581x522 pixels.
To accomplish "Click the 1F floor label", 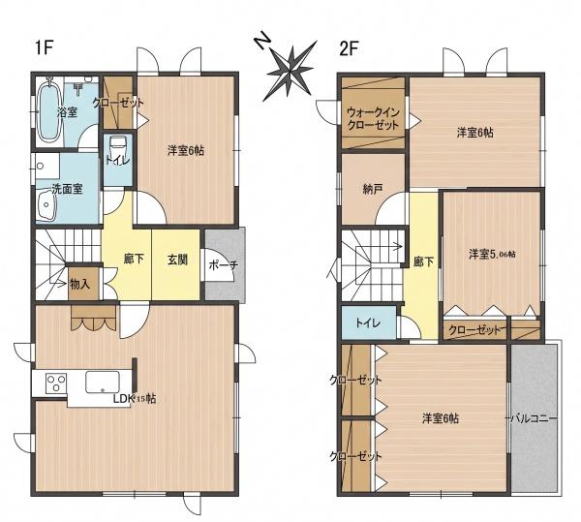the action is [43, 47].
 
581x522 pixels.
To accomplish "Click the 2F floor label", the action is [349, 48].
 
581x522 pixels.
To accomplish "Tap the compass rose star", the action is [290, 71].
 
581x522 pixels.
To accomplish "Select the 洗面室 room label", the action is [67, 189].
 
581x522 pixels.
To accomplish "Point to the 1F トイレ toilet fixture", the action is [118, 147].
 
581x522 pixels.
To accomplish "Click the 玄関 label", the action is [177, 260].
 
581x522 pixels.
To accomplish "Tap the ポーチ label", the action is [223, 265].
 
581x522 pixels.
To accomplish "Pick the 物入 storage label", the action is [80, 284].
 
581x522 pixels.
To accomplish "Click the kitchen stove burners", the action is [56, 383].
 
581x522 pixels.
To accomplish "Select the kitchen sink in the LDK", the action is [103, 382].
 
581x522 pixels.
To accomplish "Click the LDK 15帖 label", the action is [135, 399].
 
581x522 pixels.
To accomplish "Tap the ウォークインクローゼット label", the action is [373, 118].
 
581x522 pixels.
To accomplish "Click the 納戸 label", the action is [372, 189].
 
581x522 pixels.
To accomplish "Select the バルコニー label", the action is [534, 418].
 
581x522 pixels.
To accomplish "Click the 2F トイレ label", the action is [368, 322].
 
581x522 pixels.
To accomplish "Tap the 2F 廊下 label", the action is [424, 261].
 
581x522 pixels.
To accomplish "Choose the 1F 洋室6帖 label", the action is [186, 151].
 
